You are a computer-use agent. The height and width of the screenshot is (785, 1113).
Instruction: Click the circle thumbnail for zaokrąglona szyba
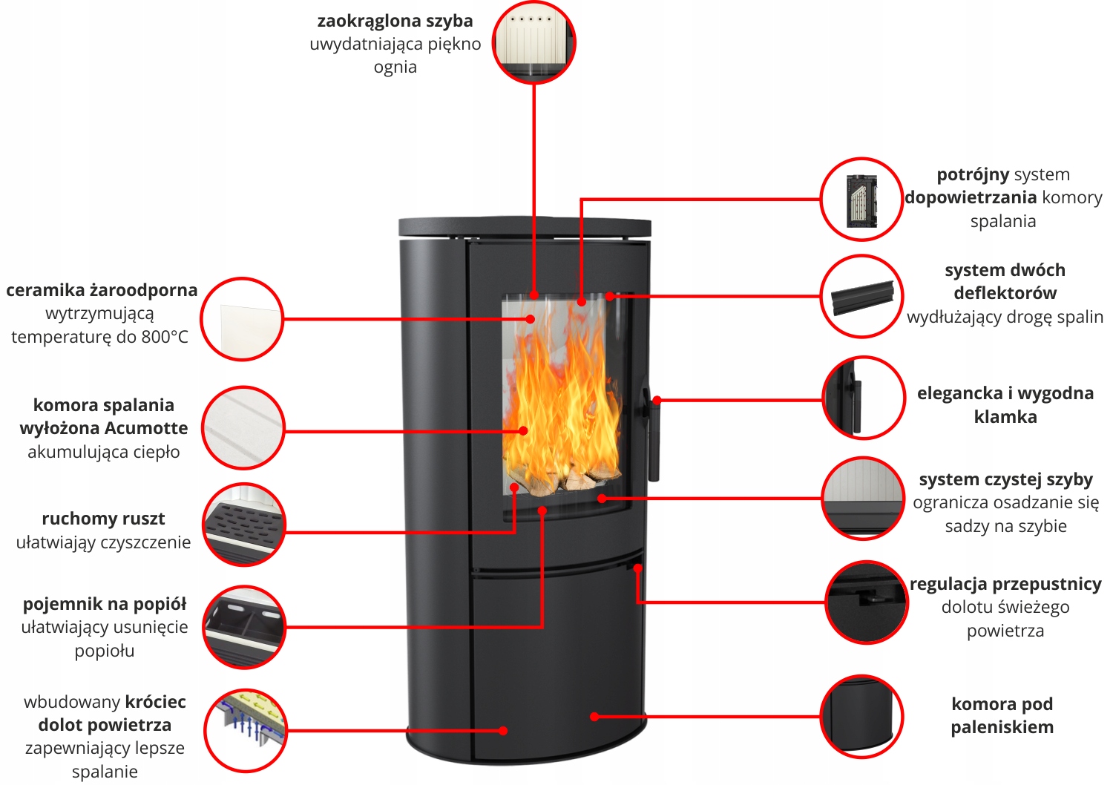(533, 42)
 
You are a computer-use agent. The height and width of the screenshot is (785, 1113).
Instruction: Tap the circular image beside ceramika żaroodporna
(242, 319)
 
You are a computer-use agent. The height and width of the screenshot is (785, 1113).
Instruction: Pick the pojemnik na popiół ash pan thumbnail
(244, 627)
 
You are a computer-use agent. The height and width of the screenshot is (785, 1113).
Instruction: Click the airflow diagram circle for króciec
(245, 730)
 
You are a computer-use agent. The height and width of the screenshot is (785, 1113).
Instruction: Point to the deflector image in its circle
(861, 296)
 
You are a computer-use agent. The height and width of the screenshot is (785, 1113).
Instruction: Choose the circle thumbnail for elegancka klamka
(863, 398)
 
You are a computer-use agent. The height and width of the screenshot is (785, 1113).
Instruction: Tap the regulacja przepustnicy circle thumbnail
(866, 602)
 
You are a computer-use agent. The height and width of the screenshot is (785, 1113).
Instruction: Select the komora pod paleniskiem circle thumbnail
(861, 716)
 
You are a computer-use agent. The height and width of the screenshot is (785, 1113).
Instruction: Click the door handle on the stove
(653, 438)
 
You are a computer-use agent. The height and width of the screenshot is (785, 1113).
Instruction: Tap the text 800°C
(165, 337)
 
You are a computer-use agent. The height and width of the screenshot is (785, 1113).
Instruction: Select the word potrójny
(973, 175)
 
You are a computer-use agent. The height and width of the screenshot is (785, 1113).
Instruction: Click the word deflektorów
(1005, 293)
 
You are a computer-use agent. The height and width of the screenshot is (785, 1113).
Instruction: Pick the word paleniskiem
(1002, 727)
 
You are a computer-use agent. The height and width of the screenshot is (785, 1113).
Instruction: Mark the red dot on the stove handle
(657, 400)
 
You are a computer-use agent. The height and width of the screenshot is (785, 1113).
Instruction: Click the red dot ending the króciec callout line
(503, 731)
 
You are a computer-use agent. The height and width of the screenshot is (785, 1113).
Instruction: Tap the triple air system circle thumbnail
(861, 199)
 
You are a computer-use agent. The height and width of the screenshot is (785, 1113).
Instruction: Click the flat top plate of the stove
(525, 226)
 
